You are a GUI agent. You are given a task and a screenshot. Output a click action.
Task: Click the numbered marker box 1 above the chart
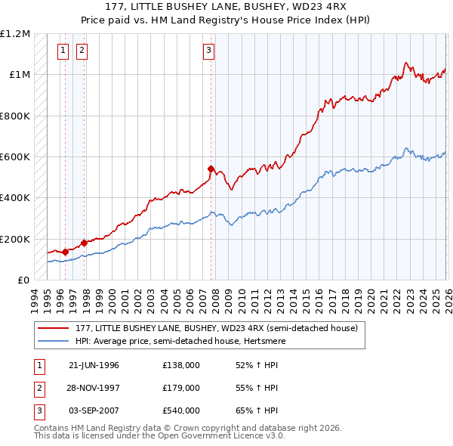pyautogui.click(x=63, y=51)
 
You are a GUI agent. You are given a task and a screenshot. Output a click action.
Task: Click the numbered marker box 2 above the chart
pyautogui.click(x=81, y=51)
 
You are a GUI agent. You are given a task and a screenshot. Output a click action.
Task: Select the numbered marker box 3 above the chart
pyautogui.click(x=208, y=51)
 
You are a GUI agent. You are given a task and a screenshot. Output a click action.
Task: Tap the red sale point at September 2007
pyautogui.click(x=211, y=169)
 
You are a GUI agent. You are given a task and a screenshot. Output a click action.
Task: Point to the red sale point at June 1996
pyautogui.click(x=66, y=252)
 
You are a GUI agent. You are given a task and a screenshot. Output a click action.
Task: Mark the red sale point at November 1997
pyautogui.click(x=84, y=243)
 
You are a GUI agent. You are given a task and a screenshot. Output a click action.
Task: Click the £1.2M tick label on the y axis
pyautogui.click(x=15, y=34)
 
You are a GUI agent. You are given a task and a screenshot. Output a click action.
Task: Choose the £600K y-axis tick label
pyautogui.click(x=15, y=157)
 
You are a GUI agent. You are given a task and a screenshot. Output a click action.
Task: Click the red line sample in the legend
pyautogui.click(x=53, y=327)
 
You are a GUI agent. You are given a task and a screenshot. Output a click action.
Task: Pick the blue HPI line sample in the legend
pyautogui.click(x=53, y=341)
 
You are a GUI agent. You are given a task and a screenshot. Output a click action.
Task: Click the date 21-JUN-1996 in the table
pyautogui.click(x=94, y=365)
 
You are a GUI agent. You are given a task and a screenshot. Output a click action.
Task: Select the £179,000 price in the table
pyautogui.click(x=181, y=388)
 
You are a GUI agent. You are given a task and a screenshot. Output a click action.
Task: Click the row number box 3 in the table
pyautogui.click(x=37, y=410)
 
